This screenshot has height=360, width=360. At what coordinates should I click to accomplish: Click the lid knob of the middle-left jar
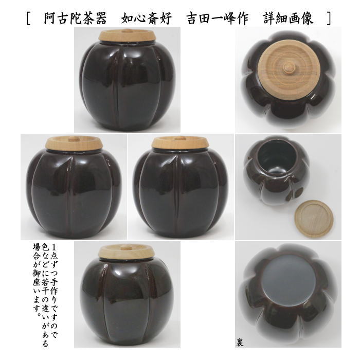pyautogui.click(x=72, y=137)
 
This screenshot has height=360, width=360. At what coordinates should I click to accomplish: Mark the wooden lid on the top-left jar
pyautogui.click(x=127, y=36)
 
